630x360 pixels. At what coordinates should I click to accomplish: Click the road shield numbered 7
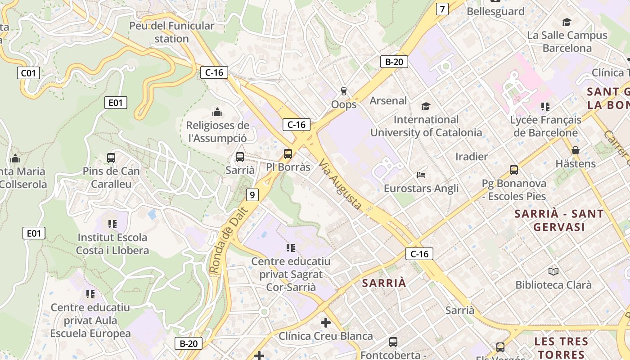(x=442, y=9)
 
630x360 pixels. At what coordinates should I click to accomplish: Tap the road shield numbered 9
(x=252, y=195)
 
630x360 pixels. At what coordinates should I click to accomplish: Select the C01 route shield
(x=29, y=72)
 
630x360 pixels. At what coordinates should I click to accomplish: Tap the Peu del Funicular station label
(x=172, y=32)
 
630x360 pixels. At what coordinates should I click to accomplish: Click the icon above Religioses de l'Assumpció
(x=217, y=112)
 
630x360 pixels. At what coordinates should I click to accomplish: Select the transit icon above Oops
(x=344, y=91)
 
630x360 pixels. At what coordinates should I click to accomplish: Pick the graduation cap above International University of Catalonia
(x=426, y=106)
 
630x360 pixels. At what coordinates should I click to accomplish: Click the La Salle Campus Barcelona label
(x=567, y=41)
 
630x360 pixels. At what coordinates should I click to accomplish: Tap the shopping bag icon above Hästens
(x=575, y=150)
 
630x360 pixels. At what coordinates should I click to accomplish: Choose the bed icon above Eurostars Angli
(x=421, y=175)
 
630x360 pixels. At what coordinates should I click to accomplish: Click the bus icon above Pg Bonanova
(x=514, y=170)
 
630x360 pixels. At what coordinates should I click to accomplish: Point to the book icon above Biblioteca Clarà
(x=553, y=271)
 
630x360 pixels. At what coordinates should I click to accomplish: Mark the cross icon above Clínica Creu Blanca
(x=326, y=323)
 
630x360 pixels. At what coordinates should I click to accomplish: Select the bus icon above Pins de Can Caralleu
(x=111, y=158)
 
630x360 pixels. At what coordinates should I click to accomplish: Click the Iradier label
(x=472, y=157)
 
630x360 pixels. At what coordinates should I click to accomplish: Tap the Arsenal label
(x=388, y=101)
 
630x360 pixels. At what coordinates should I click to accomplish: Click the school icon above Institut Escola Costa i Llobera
(x=112, y=224)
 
